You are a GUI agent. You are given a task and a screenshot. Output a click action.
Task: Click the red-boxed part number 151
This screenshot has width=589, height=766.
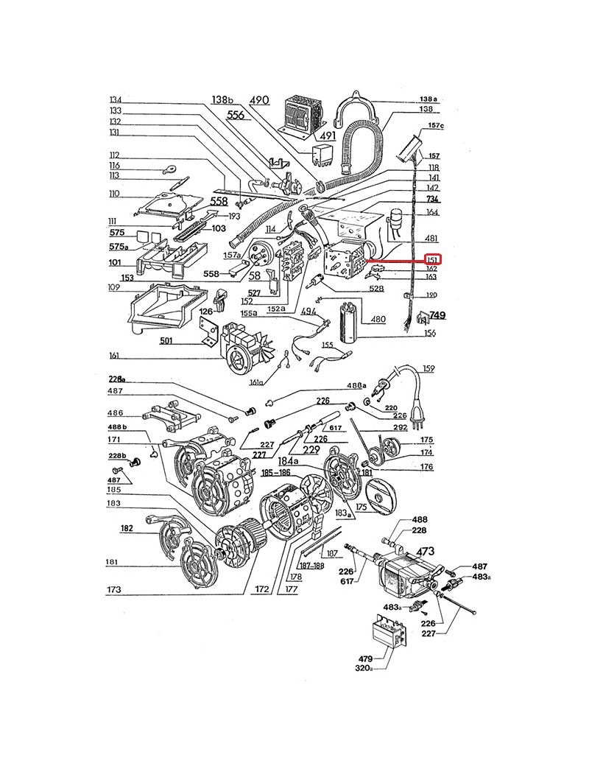433,260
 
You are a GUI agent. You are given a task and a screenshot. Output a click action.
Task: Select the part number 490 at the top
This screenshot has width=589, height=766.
259,100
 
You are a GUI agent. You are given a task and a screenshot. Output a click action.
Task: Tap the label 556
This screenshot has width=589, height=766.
236,115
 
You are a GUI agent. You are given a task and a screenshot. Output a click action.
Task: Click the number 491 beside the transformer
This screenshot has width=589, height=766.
327,136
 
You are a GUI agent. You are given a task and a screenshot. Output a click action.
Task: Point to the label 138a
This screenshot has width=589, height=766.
428,99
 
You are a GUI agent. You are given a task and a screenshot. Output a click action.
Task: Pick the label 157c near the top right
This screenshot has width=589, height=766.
436,126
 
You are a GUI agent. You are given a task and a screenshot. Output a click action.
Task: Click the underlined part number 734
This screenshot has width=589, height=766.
432,200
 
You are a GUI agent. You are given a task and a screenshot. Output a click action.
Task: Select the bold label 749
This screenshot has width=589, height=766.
438,315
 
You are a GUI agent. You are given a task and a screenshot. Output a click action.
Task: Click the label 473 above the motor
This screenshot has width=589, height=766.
426,550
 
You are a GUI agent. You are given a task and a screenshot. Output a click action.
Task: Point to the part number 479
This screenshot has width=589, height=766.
366,658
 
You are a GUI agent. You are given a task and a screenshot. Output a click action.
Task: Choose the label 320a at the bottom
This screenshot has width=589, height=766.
364,669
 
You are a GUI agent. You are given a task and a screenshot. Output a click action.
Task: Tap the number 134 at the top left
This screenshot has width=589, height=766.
115,100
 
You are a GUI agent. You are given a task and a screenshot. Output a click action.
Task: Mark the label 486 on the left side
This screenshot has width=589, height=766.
116,412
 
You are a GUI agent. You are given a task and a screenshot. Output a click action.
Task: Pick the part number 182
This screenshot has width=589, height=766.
126,528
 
